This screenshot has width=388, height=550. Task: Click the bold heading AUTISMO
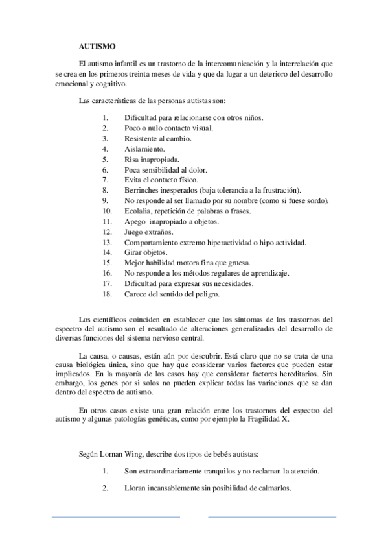coord(97,47)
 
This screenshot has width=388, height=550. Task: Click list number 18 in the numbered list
coord(107,294)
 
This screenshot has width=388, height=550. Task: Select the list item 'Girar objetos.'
coord(146,252)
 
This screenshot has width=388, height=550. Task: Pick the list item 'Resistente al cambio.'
coord(158,138)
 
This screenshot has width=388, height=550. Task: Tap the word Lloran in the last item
coord(135,488)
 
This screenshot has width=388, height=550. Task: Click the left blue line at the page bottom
coord(115,517)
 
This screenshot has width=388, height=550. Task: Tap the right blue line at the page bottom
coord(272,517)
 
